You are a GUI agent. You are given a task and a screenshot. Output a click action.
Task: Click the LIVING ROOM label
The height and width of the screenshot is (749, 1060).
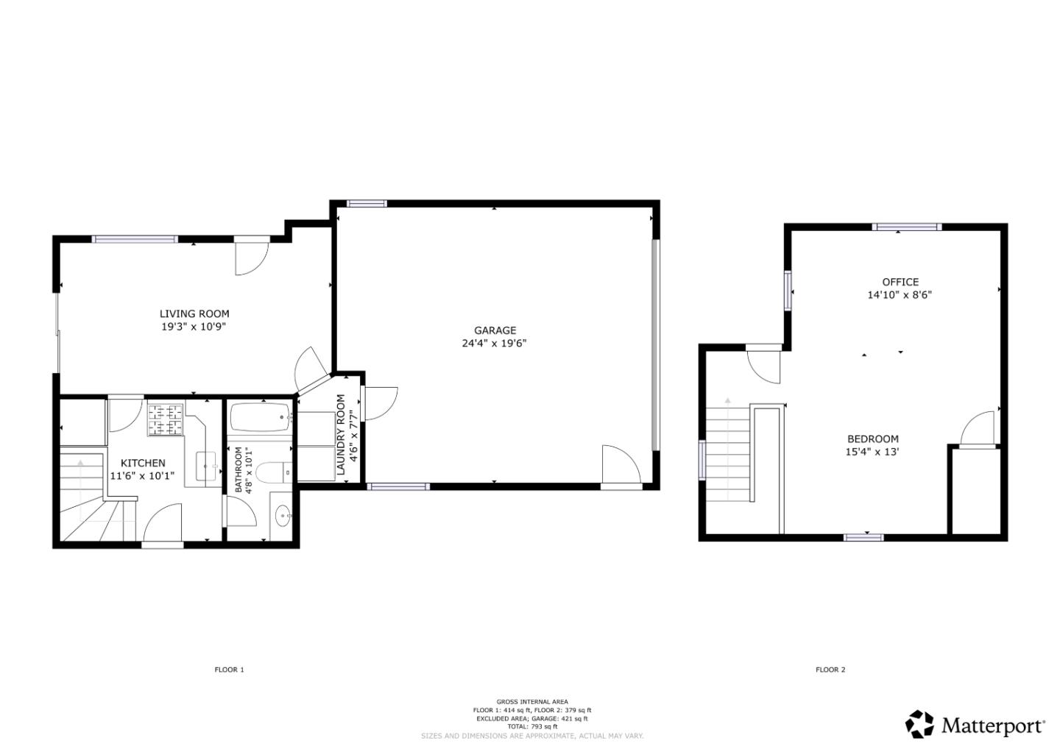tap(194, 313)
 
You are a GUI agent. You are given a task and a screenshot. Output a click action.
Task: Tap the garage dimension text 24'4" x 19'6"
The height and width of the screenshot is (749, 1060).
tap(495, 343)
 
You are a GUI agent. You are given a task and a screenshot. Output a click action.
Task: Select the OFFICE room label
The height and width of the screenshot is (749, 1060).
tap(900, 282)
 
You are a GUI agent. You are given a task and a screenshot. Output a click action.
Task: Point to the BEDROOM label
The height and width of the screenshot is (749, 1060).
tap(872, 439)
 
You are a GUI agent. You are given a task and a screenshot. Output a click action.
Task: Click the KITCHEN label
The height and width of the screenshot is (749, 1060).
tap(143, 463)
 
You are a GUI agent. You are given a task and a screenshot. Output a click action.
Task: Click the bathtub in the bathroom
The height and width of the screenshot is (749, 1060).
tap(261, 419)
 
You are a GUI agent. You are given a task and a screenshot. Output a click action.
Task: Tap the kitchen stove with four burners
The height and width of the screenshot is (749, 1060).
tap(166, 419)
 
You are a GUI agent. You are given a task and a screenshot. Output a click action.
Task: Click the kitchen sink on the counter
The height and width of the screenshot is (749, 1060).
tap(207, 466)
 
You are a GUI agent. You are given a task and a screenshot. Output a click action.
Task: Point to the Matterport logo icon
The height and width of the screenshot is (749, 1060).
tap(920, 724)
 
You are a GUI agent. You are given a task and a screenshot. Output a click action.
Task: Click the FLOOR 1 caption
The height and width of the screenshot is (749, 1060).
tap(229, 670)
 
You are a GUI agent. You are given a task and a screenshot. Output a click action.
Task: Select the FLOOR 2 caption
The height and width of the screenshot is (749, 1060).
tap(830, 670)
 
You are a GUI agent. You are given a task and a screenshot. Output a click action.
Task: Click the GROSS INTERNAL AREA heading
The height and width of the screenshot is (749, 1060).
tap(532, 702)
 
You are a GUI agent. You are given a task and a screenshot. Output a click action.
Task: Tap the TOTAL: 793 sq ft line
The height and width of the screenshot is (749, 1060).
tap(532, 726)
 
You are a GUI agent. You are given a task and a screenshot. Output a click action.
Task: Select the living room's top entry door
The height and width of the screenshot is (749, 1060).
tap(250, 256)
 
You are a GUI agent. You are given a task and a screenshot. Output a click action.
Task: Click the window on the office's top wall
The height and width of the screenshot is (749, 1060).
tap(906, 227)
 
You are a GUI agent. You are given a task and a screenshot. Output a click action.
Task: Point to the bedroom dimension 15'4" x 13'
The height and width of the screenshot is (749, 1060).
tap(872, 452)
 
